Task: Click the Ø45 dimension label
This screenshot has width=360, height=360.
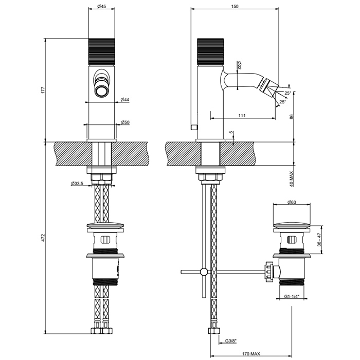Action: point(101,7)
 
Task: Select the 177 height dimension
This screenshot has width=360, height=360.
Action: point(44,89)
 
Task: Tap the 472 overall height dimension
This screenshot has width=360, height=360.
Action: point(44,237)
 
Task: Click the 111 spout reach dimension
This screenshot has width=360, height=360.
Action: point(242,115)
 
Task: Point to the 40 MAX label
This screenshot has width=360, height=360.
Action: point(292,178)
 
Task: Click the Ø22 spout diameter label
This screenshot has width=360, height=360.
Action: point(239,65)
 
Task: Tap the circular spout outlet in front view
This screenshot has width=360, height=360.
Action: point(101,92)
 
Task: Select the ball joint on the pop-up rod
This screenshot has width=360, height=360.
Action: point(204,271)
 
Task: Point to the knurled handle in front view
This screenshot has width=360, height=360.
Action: point(101,51)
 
